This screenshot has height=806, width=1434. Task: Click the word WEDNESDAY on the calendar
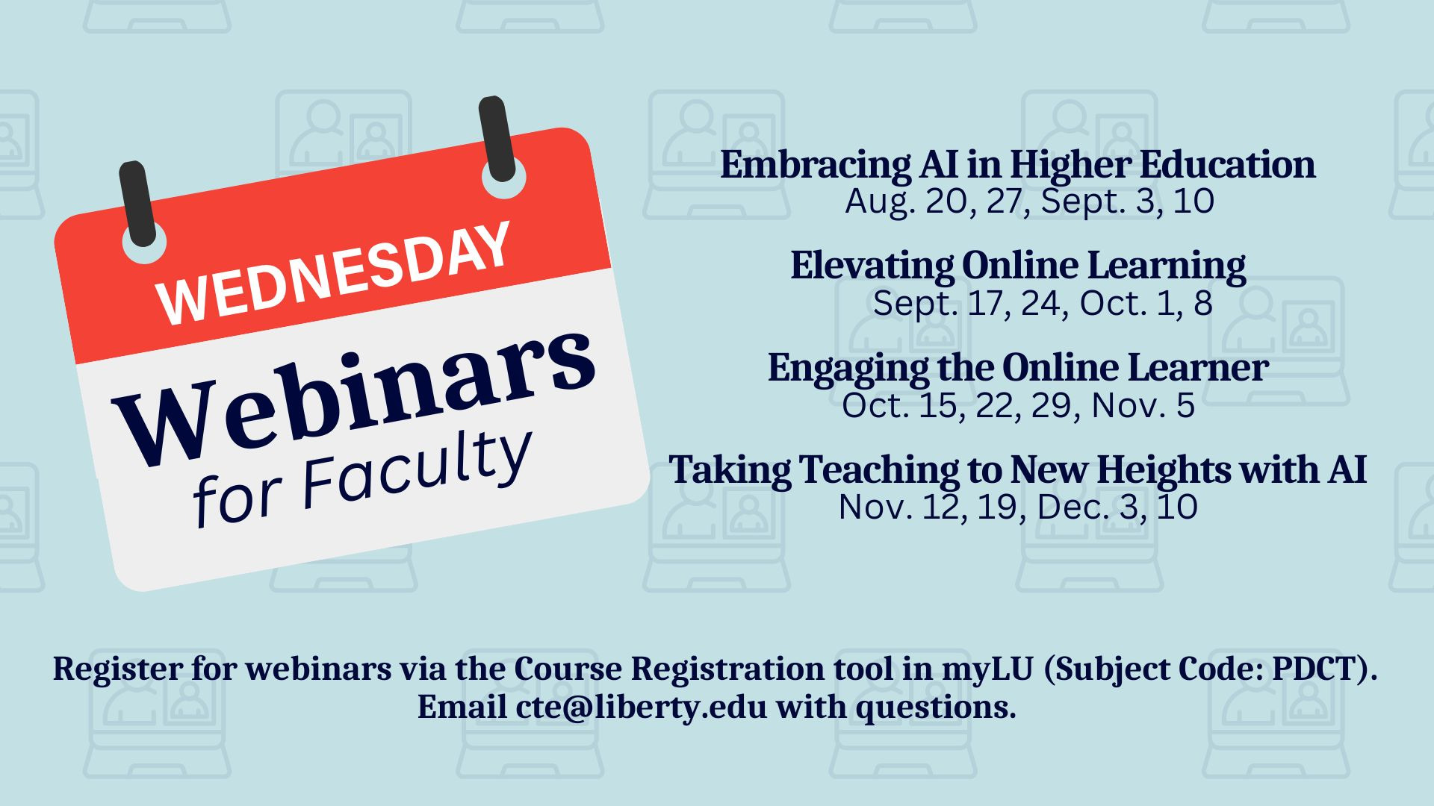tap(334, 274)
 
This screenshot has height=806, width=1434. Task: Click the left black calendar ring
tap(138, 204)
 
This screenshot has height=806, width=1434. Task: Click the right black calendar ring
tap(497, 139)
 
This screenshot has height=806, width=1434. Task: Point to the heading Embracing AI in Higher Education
tap(1017, 165)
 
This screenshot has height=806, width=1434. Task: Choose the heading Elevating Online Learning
tap(1018, 266)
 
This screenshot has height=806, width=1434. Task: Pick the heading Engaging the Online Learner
tap(1018, 368)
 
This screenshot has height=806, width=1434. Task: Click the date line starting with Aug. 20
tap(1029, 201)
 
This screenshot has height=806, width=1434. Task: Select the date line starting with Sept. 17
tap(1042, 303)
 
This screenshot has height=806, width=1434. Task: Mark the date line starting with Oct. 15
tap(1018, 405)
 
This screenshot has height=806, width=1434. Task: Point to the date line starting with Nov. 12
tap(1018, 507)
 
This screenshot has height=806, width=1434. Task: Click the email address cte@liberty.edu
tap(641, 707)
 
